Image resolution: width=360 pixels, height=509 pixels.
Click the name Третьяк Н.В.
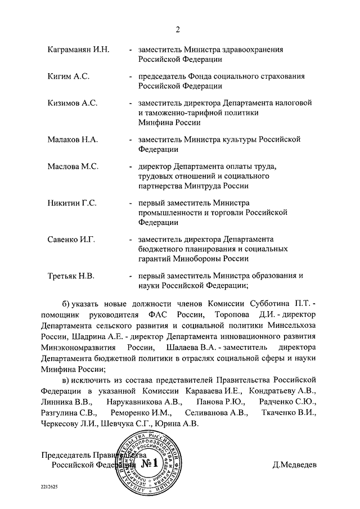point(70,276)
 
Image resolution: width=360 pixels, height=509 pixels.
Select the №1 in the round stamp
point(150,465)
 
